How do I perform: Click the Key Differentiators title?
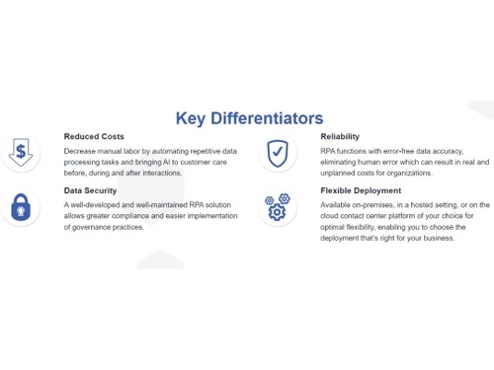point(249,118)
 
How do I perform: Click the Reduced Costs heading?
point(94,136)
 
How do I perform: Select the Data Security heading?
point(90,190)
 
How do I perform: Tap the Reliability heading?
point(340,136)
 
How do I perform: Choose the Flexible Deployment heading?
point(361,190)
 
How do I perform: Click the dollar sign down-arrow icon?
point(20,152)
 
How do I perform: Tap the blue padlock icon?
point(20,207)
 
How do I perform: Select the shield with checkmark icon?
point(278,153)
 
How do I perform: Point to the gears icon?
point(278,207)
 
